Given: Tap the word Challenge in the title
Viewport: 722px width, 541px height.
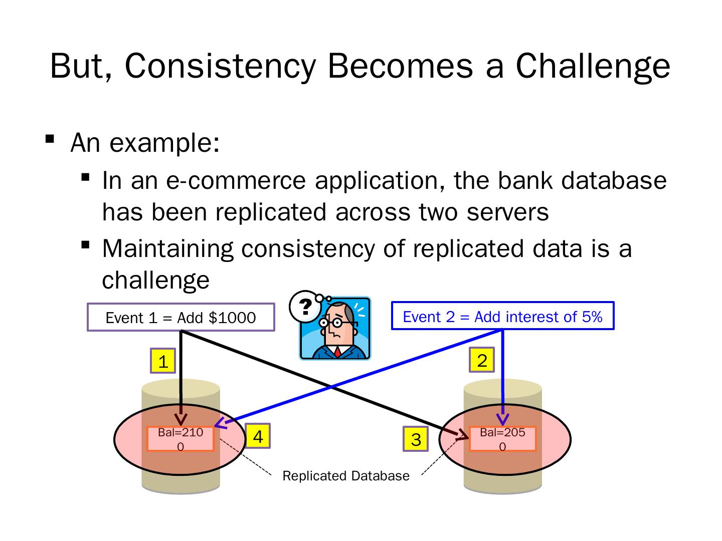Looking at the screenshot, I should [x=593, y=67].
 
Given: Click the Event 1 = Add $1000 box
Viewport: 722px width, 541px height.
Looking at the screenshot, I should [x=180, y=318].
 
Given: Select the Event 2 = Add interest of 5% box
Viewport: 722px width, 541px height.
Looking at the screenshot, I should [x=502, y=316].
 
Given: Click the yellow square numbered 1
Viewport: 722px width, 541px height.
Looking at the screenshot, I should [x=163, y=361].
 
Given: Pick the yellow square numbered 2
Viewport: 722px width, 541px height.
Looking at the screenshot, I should [x=482, y=360].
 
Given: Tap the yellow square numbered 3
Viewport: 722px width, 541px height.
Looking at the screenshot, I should [x=416, y=439].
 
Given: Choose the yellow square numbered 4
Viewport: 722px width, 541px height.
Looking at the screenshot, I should [x=258, y=437].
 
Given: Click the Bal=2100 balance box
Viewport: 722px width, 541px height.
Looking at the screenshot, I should [x=180, y=439].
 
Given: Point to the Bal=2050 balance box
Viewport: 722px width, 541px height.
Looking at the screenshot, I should [x=502, y=439].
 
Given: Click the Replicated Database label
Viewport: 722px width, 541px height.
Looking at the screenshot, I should [x=346, y=476].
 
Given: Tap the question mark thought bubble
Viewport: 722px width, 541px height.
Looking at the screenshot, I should [x=303, y=306].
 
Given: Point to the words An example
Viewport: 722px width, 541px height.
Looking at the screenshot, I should [x=145, y=143].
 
